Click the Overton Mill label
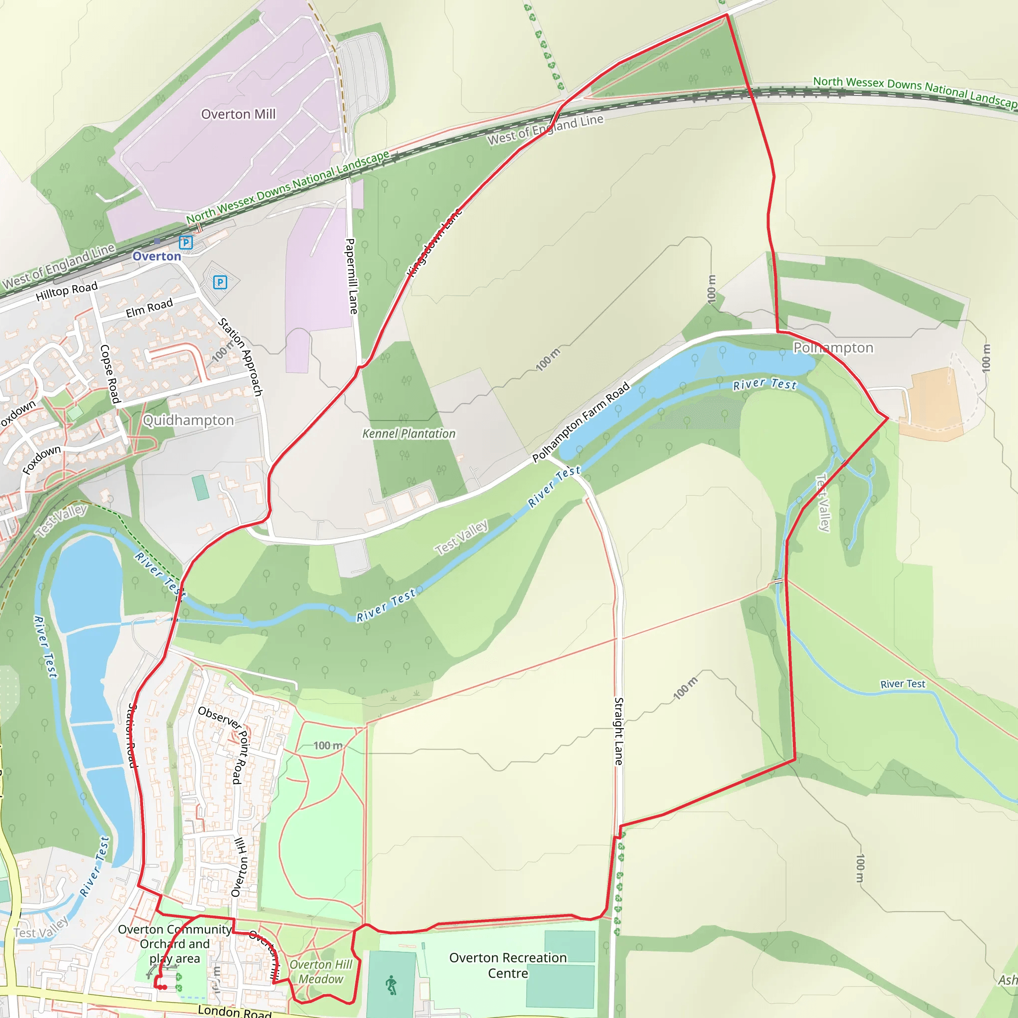tap(238, 114)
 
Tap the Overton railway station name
tap(157, 256)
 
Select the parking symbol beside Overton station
tap(185, 243)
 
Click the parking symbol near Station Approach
tap(220, 282)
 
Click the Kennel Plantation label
tap(409, 433)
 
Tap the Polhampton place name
tap(833, 348)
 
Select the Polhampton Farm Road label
tap(581, 422)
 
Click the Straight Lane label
tap(619, 731)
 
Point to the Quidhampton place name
tap(188, 421)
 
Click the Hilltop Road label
tap(67, 291)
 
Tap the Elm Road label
tap(149, 308)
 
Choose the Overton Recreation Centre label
tap(508, 965)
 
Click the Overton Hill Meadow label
tap(321, 972)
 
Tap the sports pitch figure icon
tap(391, 985)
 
